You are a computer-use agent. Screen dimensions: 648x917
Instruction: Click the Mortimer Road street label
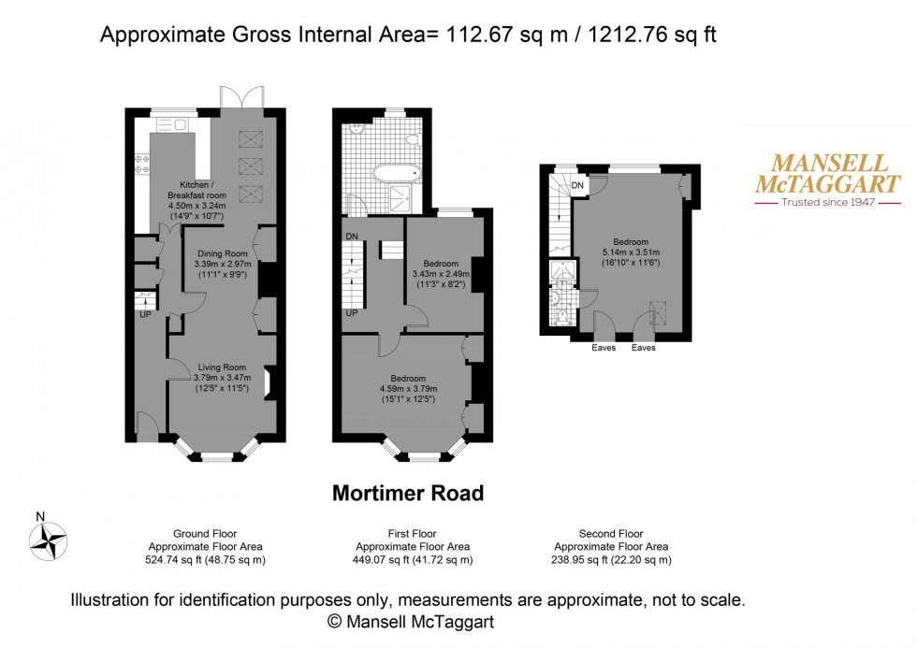point(408,493)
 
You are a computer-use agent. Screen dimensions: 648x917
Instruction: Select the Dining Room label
point(222,253)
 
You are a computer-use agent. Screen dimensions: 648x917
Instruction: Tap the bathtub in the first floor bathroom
point(399,173)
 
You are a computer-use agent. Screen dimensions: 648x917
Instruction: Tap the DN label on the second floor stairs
point(577,185)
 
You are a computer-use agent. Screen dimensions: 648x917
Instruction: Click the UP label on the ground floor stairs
point(145,315)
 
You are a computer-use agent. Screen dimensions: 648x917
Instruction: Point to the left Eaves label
point(604,348)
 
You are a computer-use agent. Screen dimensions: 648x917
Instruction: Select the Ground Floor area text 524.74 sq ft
point(206,560)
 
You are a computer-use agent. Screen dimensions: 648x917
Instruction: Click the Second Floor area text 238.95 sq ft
point(611,560)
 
